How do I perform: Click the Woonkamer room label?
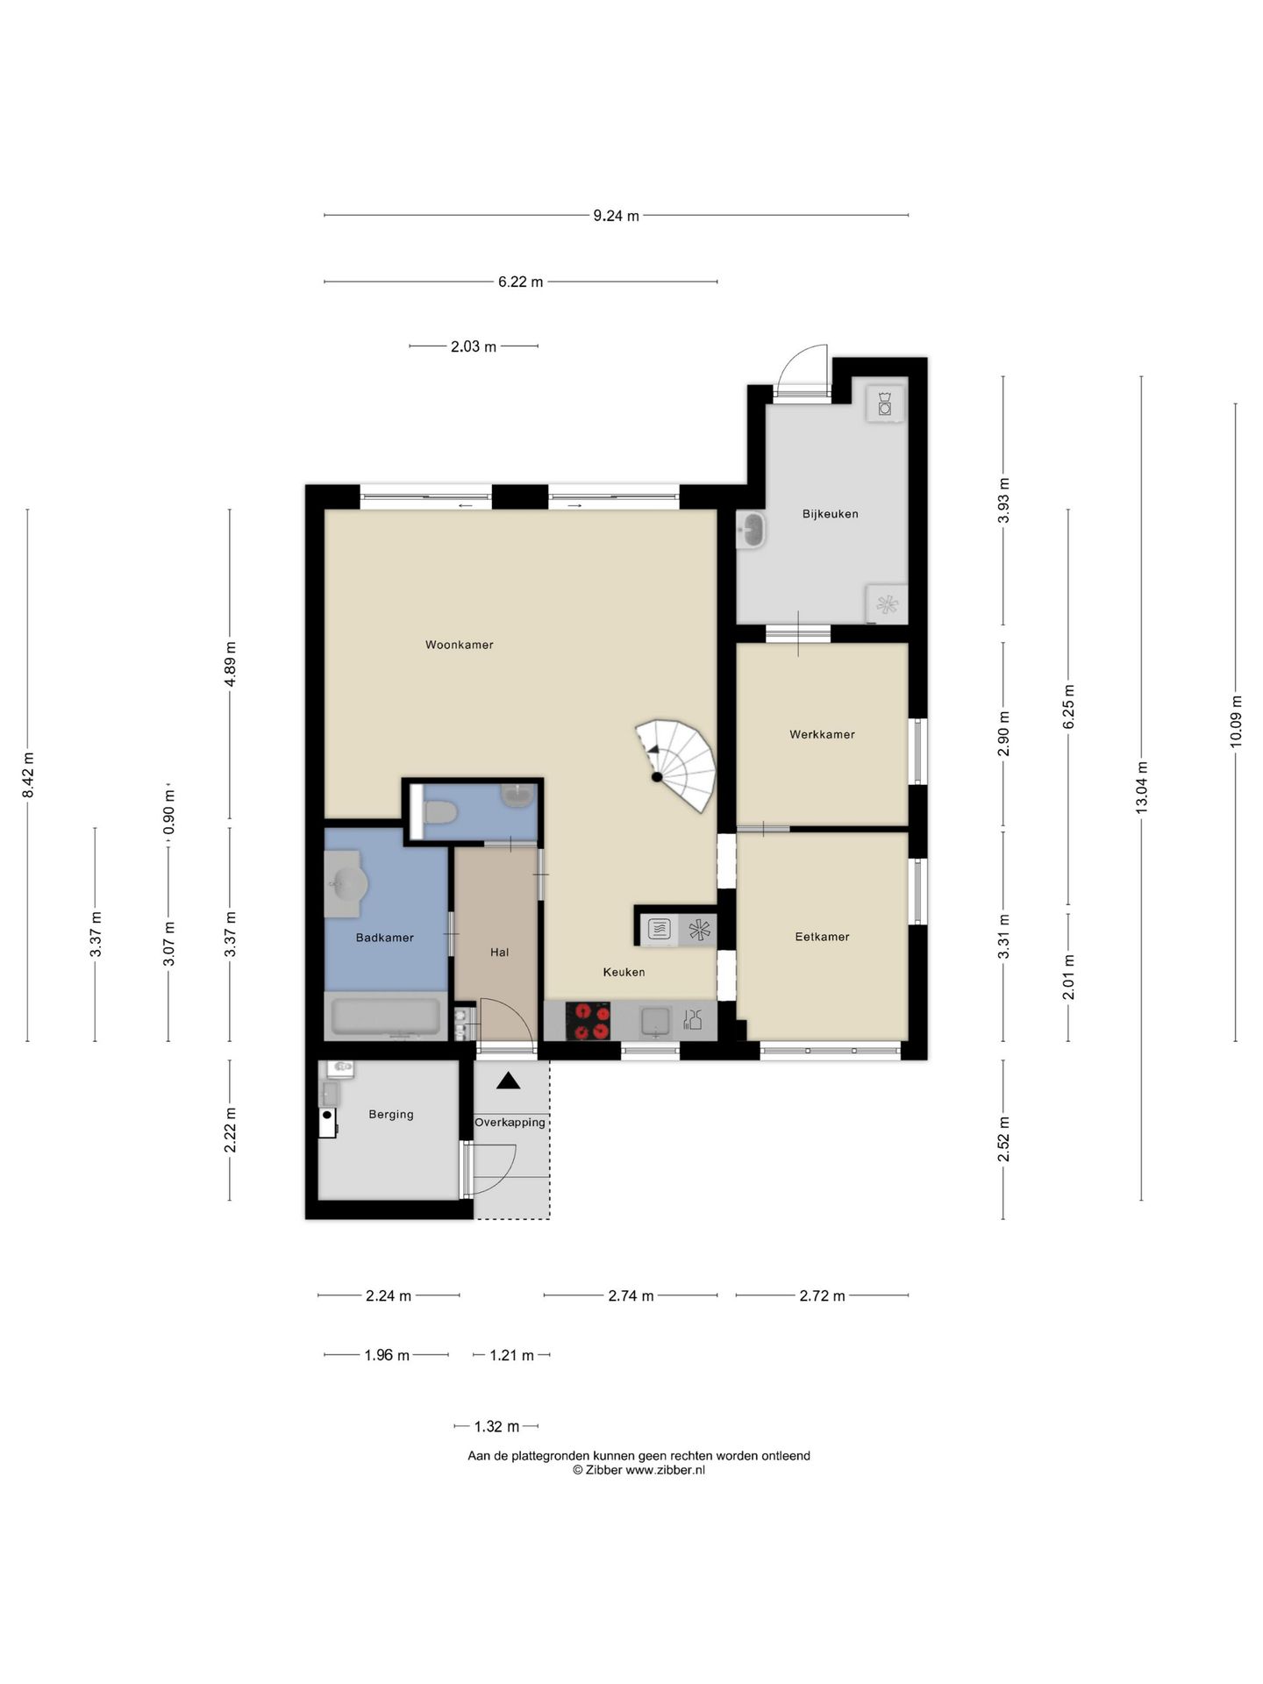click(459, 645)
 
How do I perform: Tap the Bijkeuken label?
click(830, 514)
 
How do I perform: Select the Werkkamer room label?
click(822, 734)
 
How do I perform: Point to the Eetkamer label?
click(822, 937)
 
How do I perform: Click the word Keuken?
click(624, 972)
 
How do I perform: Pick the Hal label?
click(499, 952)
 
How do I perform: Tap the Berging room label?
click(391, 1114)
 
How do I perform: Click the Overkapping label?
click(510, 1123)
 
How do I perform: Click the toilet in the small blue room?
click(439, 813)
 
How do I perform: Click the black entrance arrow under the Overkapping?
click(508, 1081)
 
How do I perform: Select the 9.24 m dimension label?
click(616, 216)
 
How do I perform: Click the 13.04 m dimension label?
click(1141, 788)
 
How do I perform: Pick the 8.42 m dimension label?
click(28, 775)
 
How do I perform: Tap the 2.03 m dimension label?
click(474, 346)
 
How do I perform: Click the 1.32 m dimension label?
click(496, 1426)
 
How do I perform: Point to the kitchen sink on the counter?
click(655, 1021)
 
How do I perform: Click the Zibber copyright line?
click(639, 1470)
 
